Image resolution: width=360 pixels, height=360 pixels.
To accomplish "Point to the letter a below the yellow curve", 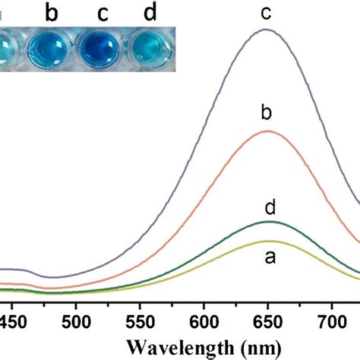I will [267, 258].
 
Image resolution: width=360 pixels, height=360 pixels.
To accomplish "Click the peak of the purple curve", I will [266, 30].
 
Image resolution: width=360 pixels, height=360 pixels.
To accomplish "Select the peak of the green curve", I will [267, 222].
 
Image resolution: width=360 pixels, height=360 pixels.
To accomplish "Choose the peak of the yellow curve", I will [267, 241].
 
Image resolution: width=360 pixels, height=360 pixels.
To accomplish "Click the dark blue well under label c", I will [98, 49].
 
